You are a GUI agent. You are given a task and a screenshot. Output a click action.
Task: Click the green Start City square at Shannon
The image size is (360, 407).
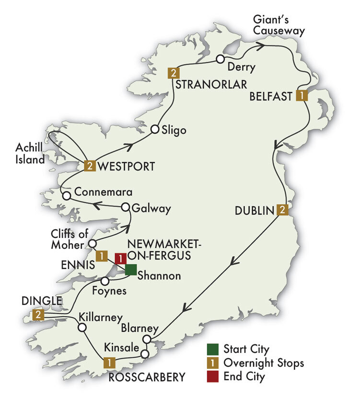[x=131, y=270]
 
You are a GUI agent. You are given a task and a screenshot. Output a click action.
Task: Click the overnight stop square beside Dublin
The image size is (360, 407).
[x=283, y=210]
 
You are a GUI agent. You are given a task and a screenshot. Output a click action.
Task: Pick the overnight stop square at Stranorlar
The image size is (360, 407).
[x=173, y=73]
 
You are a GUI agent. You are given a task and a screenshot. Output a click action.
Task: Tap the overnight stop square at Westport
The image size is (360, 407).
[x=90, y=166]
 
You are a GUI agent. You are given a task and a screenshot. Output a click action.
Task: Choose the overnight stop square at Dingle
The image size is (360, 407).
[x=38, y=315]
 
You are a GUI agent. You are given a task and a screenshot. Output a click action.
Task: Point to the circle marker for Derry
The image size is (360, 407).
[x=220, y=59]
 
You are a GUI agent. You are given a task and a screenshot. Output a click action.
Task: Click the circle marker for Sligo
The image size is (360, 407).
[x=155, y=129]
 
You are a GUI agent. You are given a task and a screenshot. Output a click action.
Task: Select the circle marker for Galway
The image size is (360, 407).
[x=125, y=207]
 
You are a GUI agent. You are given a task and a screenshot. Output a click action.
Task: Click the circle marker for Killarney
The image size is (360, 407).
[x=82, y=328]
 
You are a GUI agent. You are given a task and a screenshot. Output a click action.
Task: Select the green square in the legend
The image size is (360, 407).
[x=213, y=349]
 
